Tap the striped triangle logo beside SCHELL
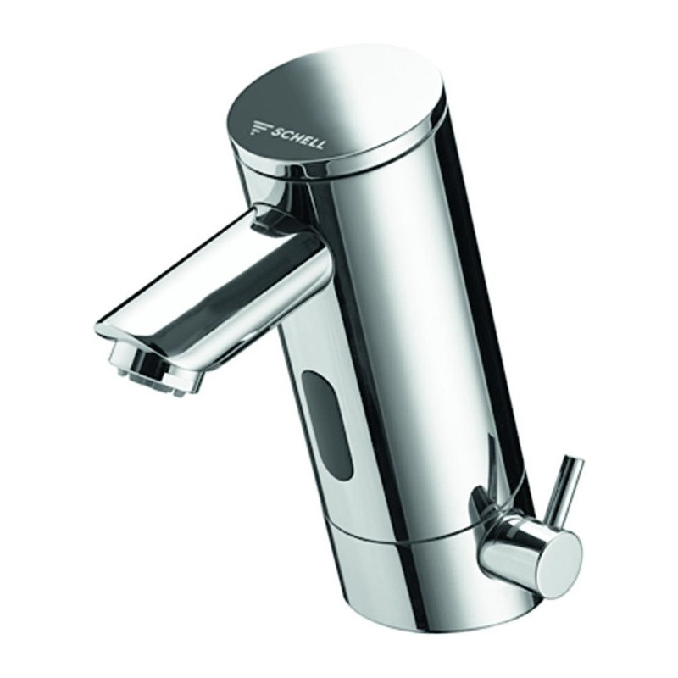pyautogui.click(x=261, y=128)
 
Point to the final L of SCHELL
pyautogui.click(x=320, y=144)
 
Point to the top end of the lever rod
pyautogui.click(x=575, y=462)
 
